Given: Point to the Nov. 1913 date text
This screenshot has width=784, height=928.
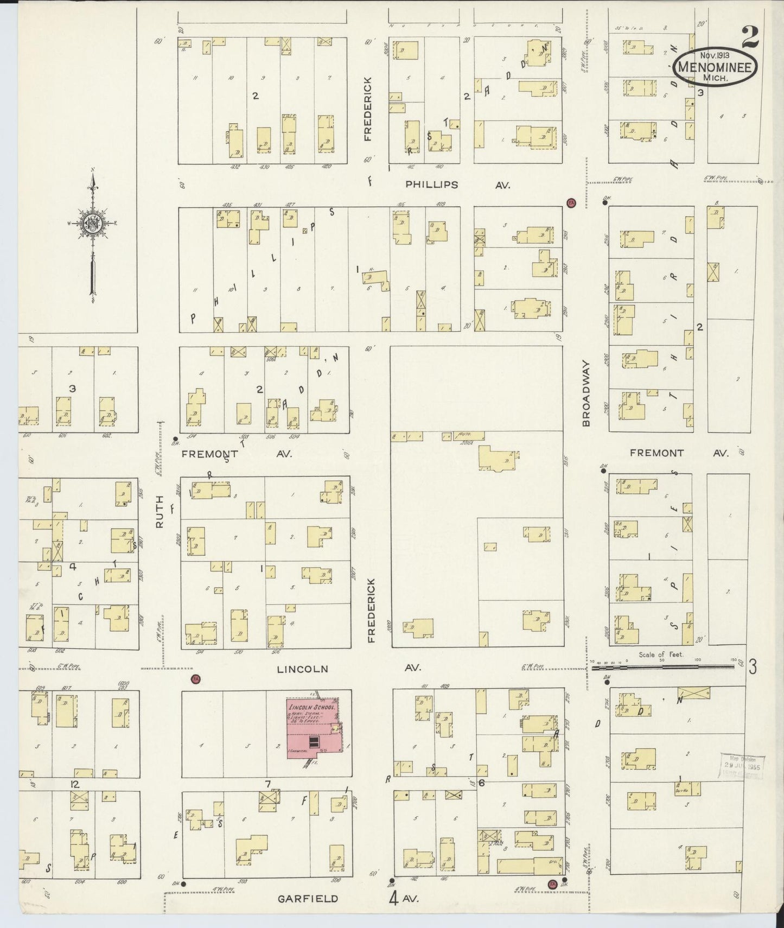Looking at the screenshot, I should coord(713,55).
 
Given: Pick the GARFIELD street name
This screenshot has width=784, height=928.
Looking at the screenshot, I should coord(308,898).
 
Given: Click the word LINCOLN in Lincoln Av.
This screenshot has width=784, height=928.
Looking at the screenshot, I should coord(302,669).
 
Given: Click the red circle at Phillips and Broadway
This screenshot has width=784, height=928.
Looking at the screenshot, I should coord(571,203).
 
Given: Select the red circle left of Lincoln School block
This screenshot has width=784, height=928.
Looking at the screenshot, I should coord(195,679).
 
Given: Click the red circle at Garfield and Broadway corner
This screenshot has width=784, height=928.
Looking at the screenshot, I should coord(552,883).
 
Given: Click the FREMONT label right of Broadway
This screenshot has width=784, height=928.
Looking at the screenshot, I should coord(657,453).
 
